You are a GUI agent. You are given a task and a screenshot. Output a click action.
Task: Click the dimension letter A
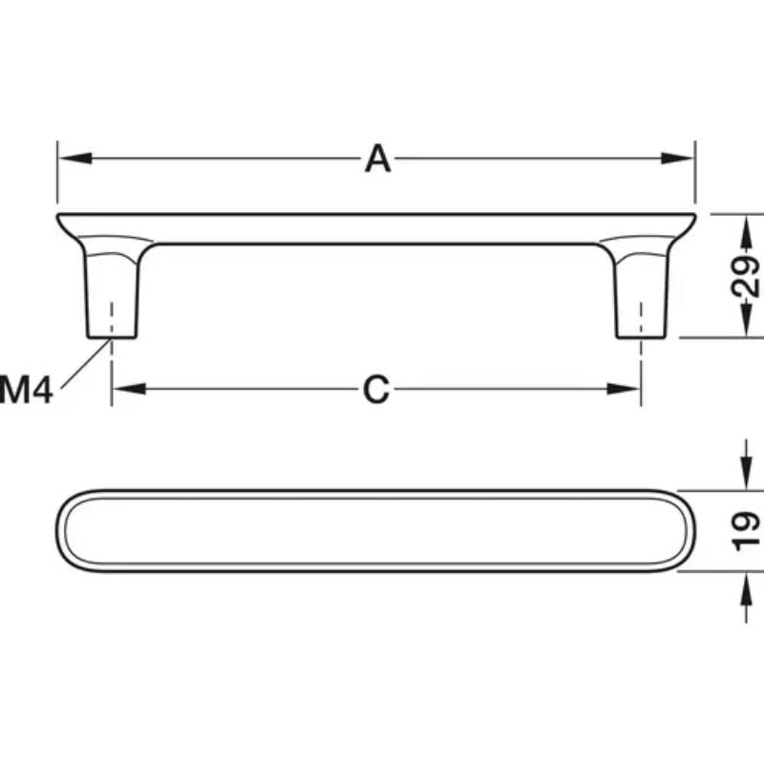(377, 159)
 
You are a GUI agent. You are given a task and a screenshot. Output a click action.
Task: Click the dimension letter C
(376, 390)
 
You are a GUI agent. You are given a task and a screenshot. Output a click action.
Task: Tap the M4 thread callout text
(27, 390)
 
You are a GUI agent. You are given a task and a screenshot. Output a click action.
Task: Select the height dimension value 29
(746, 276)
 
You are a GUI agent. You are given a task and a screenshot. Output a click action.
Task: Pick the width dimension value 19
(746, 531)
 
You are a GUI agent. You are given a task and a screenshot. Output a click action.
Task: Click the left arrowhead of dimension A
(75, 159)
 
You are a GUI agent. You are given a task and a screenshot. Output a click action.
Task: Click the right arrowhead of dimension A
(677, 159)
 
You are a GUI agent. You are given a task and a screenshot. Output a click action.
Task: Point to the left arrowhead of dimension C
(129, 389)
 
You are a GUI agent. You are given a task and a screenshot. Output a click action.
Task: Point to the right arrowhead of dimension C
(624, 389)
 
